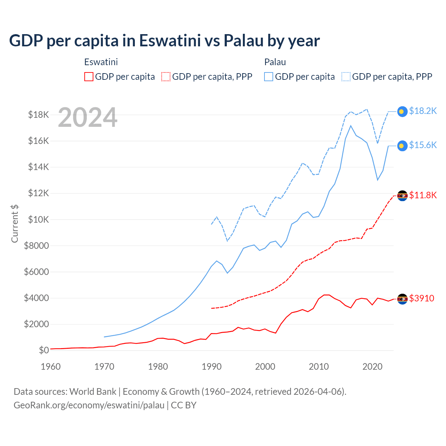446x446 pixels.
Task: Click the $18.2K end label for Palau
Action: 423,111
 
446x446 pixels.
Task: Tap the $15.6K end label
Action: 423,145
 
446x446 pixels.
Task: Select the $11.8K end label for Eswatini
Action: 423,195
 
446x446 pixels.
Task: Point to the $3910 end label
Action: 422,298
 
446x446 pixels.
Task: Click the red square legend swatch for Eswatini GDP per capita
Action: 89,77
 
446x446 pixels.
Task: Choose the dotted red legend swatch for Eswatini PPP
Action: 166,77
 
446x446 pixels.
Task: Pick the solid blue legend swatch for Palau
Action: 269,77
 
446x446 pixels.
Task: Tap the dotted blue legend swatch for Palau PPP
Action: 346,77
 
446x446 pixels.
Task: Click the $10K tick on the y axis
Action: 36,220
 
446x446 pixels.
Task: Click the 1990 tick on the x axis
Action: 212,367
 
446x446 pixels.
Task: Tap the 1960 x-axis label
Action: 51,367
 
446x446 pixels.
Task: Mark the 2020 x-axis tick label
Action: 372,367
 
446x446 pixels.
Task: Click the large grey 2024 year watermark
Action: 87,117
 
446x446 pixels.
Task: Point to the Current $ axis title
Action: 15,223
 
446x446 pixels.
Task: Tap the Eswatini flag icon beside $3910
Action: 402,299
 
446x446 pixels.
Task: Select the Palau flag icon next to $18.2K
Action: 402,111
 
